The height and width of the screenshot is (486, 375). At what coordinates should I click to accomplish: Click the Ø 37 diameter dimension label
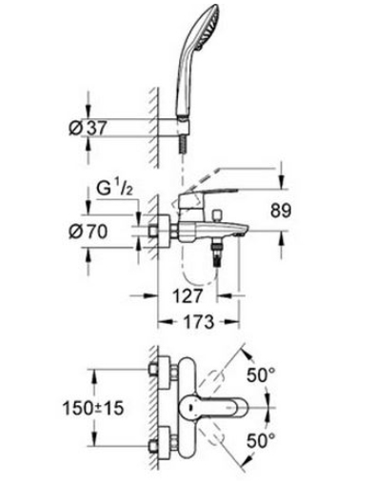point(89,128)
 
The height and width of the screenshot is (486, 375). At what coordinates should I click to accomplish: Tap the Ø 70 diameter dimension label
point(88,232)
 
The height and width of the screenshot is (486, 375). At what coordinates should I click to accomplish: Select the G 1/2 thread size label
point(114,189)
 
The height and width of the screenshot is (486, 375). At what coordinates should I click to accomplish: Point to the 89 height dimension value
point(281,211)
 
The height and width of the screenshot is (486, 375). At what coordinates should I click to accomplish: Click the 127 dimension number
point(187,296)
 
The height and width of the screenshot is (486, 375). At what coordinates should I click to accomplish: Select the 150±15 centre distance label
point(93,408)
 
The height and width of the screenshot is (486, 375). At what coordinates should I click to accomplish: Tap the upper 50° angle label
point(262,375)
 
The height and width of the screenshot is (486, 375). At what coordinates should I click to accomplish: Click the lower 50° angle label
point(262,440)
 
